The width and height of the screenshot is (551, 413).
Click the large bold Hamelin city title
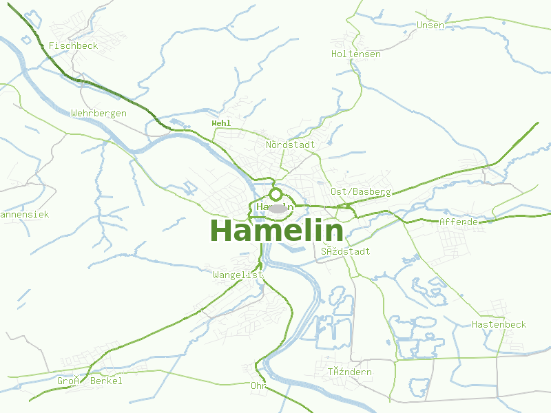(276, 231)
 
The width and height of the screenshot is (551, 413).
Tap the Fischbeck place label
(73, 45)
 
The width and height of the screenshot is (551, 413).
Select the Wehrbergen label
(98, 113)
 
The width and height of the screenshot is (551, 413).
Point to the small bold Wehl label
(221, 123)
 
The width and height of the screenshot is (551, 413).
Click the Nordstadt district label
(290, 145)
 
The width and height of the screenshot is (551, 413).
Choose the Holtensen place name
(355, 54)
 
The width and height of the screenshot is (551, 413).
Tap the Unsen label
(430, 25)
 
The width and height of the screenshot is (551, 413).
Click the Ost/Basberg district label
(361, 191)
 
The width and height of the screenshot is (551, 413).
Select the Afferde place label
(458, 222)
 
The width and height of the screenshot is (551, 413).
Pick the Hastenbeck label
(499, 324)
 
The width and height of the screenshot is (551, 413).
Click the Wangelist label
(238, 275)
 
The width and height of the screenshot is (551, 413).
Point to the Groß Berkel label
(90, 381)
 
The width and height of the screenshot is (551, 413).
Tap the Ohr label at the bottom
(258, 385)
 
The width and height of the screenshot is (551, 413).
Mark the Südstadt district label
(345, 251)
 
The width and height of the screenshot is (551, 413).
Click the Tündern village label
(349, 372)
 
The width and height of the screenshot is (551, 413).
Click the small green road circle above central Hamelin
(276, 194)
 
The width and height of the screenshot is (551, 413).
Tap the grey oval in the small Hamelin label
(277, 208)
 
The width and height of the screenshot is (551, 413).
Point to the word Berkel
(106, 381)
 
